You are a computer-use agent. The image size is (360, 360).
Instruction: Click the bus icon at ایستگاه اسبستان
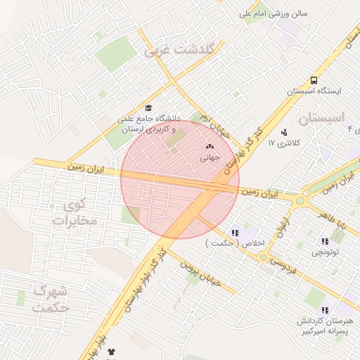[314, 80]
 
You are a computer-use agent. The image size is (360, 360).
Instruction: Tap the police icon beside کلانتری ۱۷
[284, 131]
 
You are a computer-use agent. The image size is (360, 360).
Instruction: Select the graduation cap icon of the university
[148, 108]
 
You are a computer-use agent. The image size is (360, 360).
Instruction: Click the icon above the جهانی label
[209, 146]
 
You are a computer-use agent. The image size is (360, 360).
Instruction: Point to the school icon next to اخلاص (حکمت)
[235, 232]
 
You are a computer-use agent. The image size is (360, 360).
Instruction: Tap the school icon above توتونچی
[325, 241]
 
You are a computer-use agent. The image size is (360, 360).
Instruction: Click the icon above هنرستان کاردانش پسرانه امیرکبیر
[325, 310]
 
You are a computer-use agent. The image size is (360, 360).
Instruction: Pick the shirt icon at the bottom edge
[110, 352]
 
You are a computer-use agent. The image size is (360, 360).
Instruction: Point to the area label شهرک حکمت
[51, 300]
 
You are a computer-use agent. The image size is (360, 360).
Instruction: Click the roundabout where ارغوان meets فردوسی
[263, 257]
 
